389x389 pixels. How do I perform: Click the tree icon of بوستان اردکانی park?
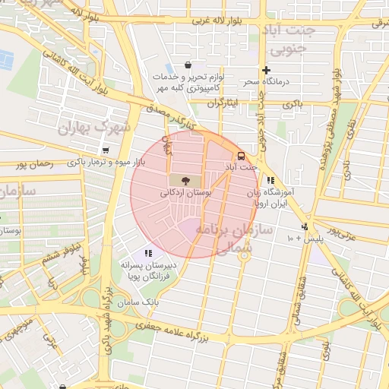[185, 181]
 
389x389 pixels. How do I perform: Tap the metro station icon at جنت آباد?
[241, 155]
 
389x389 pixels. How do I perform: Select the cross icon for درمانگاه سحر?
[265, 69]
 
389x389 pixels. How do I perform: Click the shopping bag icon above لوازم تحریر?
[187, 65]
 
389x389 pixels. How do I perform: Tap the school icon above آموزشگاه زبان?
[270, 180]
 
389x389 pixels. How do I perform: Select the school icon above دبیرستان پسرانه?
[148, 253]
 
